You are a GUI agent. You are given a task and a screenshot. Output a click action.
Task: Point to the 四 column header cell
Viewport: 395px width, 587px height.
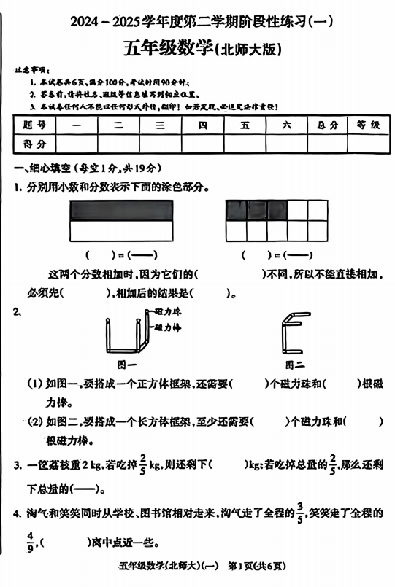coord(202,125)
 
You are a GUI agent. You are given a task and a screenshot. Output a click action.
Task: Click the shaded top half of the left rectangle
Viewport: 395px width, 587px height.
coord(121,210)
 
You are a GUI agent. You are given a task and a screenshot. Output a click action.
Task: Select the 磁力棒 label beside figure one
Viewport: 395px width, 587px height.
coord(168,327)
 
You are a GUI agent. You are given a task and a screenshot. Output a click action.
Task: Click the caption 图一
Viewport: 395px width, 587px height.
coord(127,364)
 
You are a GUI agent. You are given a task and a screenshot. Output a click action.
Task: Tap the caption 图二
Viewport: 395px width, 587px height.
coord(295,364)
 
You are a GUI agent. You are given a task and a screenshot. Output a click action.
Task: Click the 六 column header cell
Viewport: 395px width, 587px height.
coord(286,125)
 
